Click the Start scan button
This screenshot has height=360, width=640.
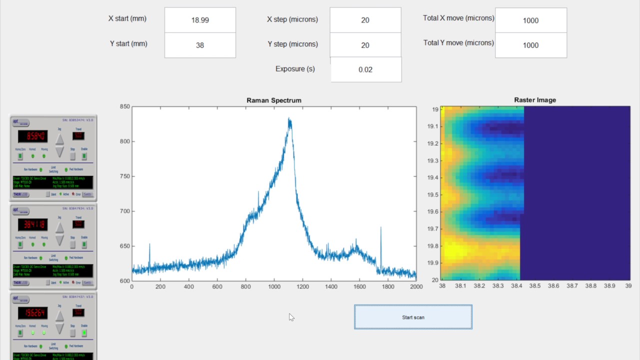pos(413,317)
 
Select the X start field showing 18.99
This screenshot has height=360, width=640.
pos(200,20)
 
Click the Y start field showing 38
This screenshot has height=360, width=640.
pos(200,45)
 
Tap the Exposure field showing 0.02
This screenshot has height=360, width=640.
pos(365,69)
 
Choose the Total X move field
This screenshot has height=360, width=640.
pos(530,20)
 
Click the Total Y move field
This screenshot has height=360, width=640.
pos(530,45)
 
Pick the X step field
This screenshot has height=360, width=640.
pos(365,20)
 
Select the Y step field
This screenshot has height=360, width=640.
pos(365,45)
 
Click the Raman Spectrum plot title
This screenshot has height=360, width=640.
pos(274,100)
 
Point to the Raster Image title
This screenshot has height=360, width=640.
pos(535,100)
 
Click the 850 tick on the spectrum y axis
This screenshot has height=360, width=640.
pos(124,106)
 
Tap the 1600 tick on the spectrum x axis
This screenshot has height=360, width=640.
pos(359,286)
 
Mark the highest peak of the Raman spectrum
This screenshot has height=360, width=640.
pos(289,119)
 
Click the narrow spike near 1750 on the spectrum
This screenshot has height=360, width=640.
pos(381,228)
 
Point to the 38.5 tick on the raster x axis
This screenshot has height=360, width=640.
pos(535,286)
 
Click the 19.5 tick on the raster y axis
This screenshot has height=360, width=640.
pos(432,194)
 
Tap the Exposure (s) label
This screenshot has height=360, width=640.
pos(295,69)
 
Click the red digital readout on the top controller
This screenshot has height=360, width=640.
pos(32,136)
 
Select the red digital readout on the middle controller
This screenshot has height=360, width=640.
pos(32,224)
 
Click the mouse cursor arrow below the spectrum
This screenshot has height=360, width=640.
pos(291,317)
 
